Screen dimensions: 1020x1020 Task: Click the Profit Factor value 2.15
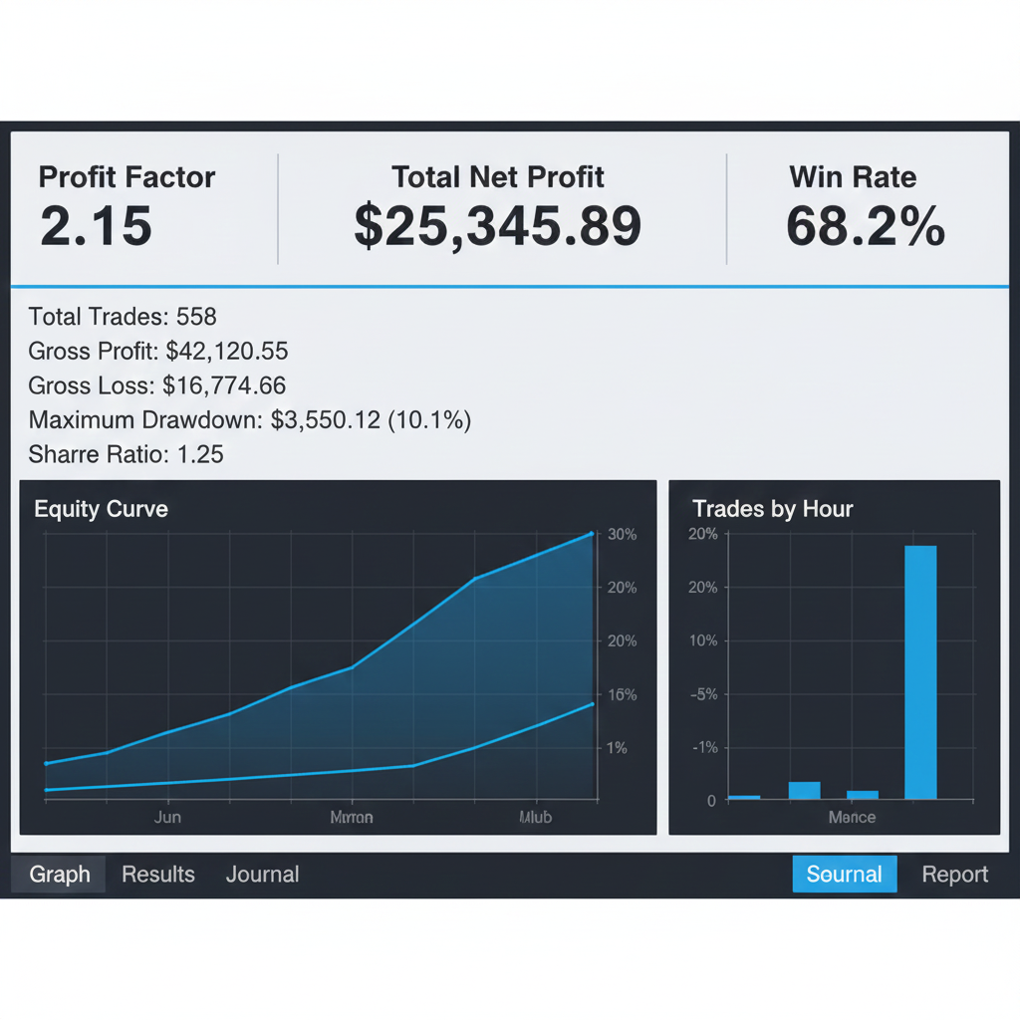click(96, 227)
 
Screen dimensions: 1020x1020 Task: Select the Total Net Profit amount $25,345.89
click(498, 227)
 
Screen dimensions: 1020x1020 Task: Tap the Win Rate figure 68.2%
click(865, 227)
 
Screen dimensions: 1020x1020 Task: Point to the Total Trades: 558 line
click(123, 317)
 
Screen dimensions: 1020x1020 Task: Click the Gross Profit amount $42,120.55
click(227, 351)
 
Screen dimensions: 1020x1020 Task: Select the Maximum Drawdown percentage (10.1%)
click(428, 420)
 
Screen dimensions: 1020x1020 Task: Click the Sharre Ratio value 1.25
click(199, 454)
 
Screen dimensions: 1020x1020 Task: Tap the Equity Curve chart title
click(101, 509)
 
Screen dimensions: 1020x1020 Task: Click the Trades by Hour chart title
click(772, 509)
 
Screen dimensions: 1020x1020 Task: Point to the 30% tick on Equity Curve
click(622, 535)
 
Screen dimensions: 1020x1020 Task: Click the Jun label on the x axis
click(167, 817)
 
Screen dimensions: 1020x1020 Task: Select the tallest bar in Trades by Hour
click(920, 671)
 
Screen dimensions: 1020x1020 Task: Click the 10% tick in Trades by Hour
click(702, 640)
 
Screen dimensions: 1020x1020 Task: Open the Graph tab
click(60, 875)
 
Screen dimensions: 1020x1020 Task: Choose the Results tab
click(158, 875)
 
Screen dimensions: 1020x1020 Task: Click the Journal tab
click(262, 875)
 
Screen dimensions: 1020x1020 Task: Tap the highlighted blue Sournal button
click(845, 875)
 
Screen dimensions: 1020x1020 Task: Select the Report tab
click(954, 875)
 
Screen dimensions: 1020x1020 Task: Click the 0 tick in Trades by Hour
click(710, 801)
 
